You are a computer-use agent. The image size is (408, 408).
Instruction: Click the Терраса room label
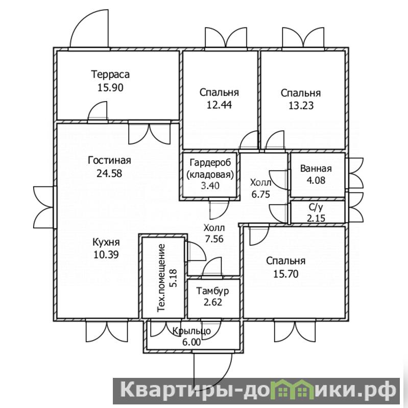click(x=110, y=75)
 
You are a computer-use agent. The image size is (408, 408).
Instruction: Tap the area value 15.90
click(x=110, y=87)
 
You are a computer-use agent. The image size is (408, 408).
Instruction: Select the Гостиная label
click(x=109, y=160)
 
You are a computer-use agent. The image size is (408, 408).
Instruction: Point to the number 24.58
click(x=109, y=173)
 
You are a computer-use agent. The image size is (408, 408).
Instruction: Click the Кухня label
click(x=106, y=242)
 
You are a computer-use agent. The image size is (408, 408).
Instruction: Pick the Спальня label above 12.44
click(x=220, y=92)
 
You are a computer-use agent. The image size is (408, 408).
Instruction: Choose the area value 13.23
click(x=301, y=106)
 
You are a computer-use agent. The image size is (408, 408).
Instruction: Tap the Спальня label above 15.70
click(x=286, y=261)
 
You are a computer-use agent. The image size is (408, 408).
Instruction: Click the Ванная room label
click(x=316, y=169)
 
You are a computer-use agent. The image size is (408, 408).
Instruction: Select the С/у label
click(x=316, y=207)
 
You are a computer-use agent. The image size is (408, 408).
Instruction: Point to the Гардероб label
click(x=210, y=163)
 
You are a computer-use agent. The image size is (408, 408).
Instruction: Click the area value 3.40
click(x=210, y=186)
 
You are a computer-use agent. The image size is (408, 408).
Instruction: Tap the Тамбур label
click(x=212, y=291)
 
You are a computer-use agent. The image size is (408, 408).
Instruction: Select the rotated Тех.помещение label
click(x=161, y=278)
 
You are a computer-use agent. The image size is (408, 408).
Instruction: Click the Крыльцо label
click(x=192, y=331)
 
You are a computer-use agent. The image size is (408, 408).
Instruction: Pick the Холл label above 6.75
click(x=261, y=182)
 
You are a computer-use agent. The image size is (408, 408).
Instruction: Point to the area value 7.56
click(x=214, y=239)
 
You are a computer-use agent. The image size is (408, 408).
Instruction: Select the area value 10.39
click(x=106, y=255)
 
